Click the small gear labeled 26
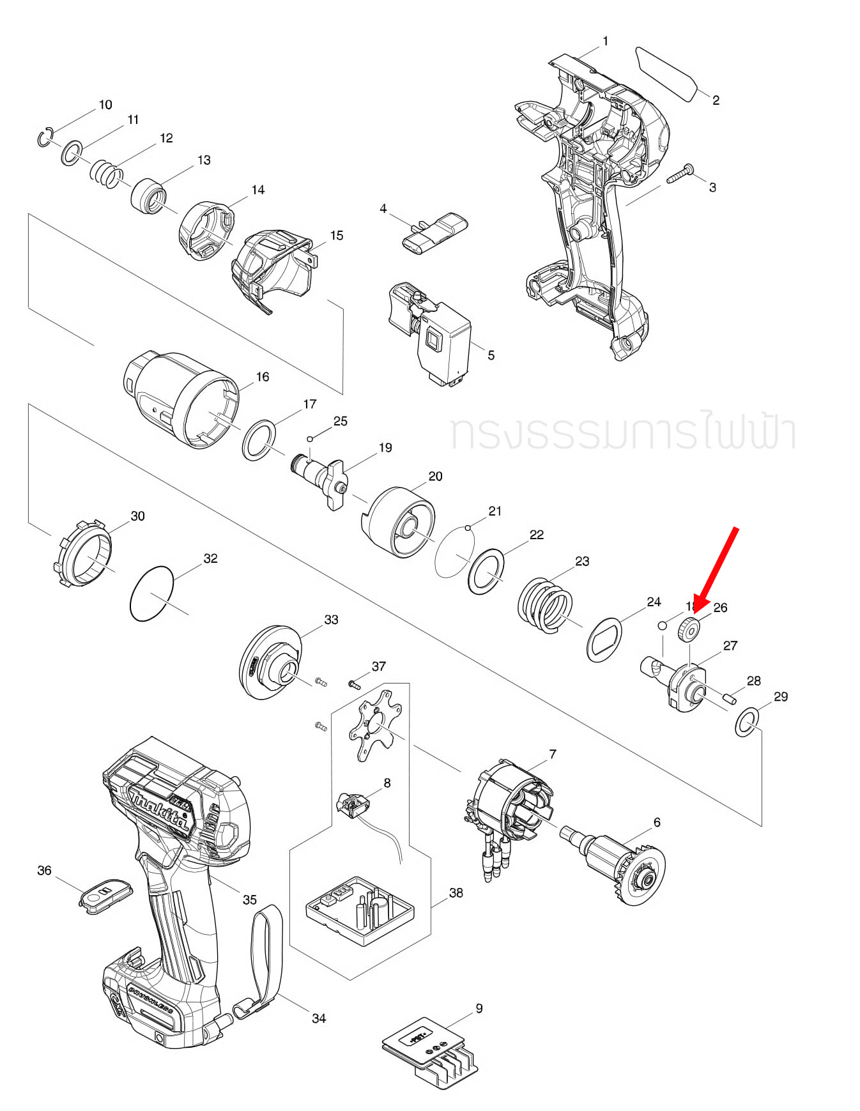pos(689,631)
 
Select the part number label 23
pos(582,561)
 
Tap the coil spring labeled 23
pos(545,604)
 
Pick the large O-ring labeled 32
pos(152,592)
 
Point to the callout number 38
pos(456,893)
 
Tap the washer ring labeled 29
pos(745,722)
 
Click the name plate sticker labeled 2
pos(667,73)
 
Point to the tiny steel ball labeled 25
pos(310,438)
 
